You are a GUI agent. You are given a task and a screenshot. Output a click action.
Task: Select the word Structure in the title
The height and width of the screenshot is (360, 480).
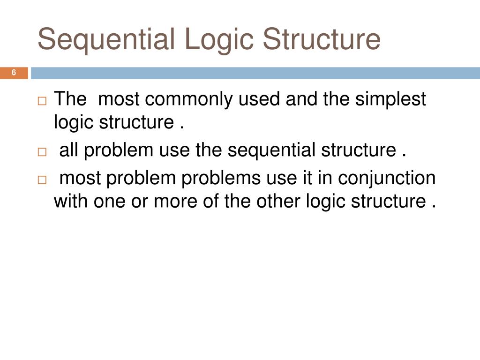click(x=322, y=39)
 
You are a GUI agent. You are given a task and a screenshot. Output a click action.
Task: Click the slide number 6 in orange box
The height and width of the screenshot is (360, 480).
click(x=14, y=73)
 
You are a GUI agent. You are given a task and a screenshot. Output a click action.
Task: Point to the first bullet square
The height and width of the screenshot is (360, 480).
click(x=42, y=101)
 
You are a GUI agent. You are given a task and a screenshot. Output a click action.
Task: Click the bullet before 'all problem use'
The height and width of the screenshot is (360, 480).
click(x=42, y=152)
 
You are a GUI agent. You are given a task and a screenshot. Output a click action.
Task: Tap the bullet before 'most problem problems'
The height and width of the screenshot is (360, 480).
click(x=42, y=180)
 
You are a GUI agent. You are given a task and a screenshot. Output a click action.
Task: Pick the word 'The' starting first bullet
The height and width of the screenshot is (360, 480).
click(x=70, y=99)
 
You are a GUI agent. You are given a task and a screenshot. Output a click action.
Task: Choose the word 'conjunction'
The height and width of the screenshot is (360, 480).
click(x=387, y=178)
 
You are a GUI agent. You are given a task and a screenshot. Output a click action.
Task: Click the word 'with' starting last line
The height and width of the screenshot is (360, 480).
click(x=71, y=201)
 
